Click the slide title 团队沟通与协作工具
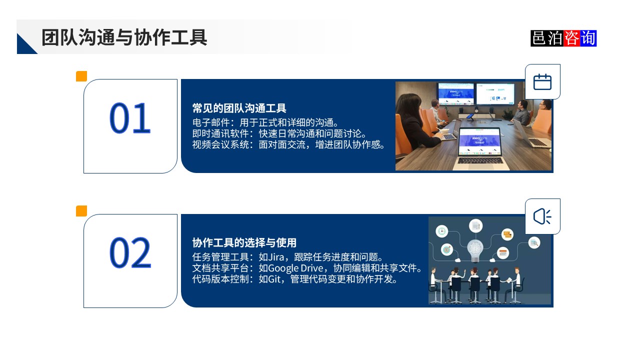124,37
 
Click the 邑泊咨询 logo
563,38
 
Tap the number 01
130,118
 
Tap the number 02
130,253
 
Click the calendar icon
542,82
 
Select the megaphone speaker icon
542,216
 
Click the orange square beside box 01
81,76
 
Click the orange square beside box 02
81,211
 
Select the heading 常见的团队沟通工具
239,108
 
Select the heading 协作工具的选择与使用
244,243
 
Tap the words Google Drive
295,268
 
